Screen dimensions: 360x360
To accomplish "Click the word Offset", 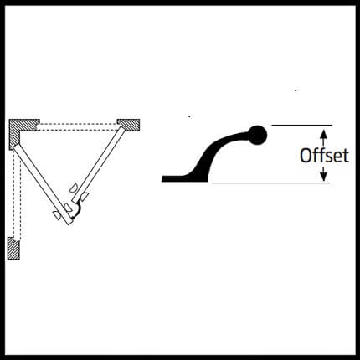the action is coord(324,155).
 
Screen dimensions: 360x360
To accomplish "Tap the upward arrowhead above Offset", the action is coord(323,133).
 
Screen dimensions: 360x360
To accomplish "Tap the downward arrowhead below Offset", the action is coord(323,176).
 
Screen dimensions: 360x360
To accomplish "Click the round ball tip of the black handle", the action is coord(257,135).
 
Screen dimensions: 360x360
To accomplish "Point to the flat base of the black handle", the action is coord(178,178).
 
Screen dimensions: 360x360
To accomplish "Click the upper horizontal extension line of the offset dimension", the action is coord(302,126).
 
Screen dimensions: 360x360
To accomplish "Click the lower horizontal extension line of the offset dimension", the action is coord(270,183).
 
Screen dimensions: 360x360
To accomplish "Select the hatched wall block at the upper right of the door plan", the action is coord(128,125).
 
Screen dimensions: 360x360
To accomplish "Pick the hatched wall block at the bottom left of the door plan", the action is coord(13,249).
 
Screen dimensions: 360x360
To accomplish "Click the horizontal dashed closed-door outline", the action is coord(78,127).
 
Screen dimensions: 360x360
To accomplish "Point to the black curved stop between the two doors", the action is coord(76,210).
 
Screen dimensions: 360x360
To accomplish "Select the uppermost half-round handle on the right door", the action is coord(74,188).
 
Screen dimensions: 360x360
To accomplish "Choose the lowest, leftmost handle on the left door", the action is coord(57,215).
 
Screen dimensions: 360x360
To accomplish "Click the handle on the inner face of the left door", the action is coord(68,208).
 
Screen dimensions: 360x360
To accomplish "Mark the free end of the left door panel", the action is coord(69,222).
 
